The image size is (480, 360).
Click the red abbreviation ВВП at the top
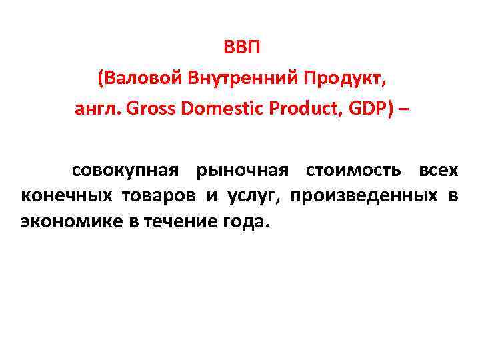[239, 51]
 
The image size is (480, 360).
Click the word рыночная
[242, 171]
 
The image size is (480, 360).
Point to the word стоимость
[353, 171]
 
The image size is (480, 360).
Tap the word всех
[438, 171]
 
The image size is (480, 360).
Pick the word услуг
[254, 196]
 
